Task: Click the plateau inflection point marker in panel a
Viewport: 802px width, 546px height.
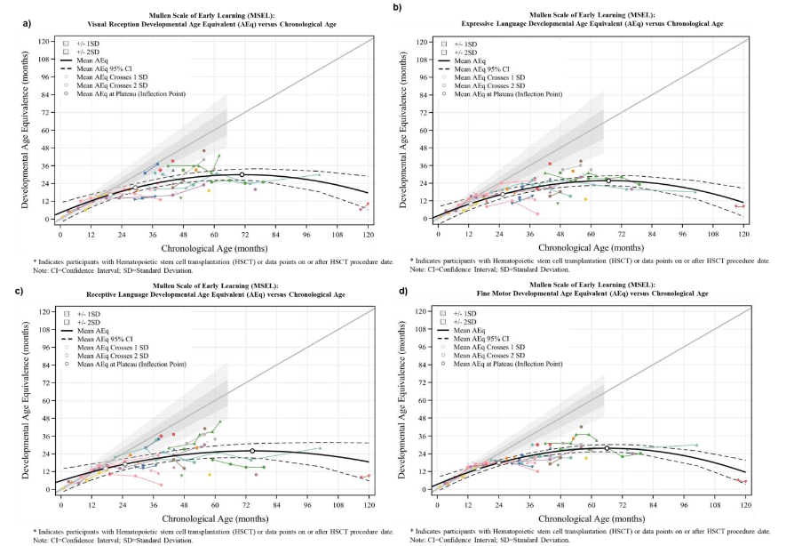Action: [242, 175]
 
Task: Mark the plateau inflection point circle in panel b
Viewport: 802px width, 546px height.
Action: [608, 181]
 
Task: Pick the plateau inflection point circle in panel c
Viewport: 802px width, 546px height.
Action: [252, 451]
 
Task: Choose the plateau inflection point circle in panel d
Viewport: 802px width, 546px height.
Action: [607, 448]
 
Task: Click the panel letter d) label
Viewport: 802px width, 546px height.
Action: [404, 291]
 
